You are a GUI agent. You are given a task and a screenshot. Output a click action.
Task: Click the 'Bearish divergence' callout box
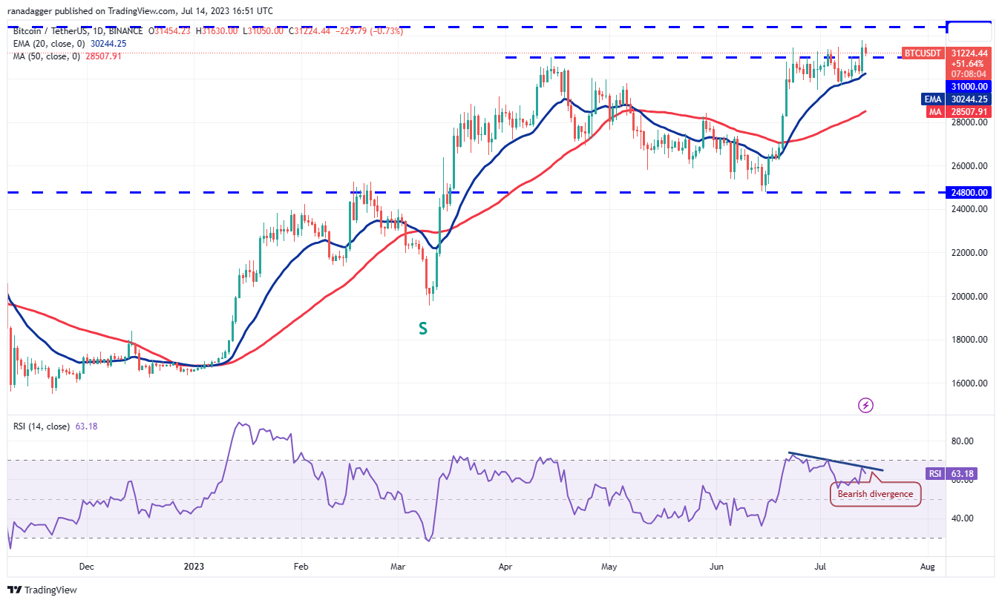pos(875,494)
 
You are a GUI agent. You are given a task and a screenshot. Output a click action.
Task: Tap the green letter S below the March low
pos(422,328)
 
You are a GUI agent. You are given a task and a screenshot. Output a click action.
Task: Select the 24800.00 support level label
pos(970,193)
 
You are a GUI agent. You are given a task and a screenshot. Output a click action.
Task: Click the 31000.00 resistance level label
pos(970,86)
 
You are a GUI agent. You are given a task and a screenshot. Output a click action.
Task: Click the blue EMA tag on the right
pos(932,99)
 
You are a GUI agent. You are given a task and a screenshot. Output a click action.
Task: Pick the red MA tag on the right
pos(934,112)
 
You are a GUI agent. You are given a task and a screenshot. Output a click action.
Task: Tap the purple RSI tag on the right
pos(934,473)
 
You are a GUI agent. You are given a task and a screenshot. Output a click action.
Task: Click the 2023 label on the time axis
pos(194,566)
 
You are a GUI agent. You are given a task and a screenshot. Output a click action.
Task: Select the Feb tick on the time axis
pos(301,566)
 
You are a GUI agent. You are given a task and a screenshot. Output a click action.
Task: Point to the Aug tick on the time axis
pos(927,566)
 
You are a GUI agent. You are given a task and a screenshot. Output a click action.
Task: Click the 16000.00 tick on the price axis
pos(970,383)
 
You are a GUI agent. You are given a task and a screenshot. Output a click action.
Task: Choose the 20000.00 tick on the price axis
pos(970,297)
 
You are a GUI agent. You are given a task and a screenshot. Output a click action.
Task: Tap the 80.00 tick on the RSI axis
pos(963,441)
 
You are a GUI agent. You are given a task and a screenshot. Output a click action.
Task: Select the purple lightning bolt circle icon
pos(865,405)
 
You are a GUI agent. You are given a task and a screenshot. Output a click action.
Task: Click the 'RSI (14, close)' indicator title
pos(42,426)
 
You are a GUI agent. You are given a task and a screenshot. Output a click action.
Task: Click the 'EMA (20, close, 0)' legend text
pos(50,43)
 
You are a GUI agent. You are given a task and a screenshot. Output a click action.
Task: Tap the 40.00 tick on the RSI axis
pos(963,518)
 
